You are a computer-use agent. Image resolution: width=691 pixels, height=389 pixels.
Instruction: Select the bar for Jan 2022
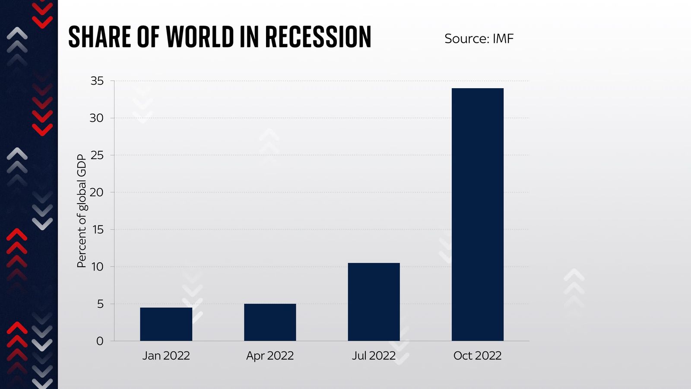[x=166, y=324]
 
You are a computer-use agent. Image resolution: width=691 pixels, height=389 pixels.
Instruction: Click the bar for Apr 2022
[x=270, y=322]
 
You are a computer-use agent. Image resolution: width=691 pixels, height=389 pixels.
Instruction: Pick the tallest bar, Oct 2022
[x=477, y=214]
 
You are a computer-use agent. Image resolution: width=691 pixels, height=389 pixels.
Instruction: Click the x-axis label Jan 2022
[x=166, y=356]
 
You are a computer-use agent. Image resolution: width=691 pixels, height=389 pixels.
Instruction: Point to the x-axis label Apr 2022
[x=270, y=356]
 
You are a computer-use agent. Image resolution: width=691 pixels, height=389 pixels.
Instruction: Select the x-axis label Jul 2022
[x=374, y=356]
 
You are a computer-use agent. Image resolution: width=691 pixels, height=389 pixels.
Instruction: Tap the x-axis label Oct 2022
[x=477, y=356]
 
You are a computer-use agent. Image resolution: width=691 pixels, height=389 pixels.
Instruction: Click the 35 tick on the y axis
[x=97, y=81]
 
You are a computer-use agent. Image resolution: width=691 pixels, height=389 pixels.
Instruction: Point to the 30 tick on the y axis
[x=97, y=118]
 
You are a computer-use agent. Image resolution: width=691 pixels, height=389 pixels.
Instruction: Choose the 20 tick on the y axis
[x=97, y=192]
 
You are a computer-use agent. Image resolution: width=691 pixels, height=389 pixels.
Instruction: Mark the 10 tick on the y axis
[x=97, y=267]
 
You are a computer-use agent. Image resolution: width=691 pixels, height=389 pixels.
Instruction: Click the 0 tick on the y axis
[x=100, y=341]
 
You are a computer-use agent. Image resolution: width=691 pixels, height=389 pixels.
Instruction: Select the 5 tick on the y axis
[x=100, y=304]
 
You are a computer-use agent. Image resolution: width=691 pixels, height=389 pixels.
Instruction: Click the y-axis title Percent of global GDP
[x=82, y=211]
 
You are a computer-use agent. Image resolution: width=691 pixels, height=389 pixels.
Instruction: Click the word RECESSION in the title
[x=318, y=37]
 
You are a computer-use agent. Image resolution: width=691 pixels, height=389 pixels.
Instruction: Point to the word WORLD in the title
[x=200, y=37]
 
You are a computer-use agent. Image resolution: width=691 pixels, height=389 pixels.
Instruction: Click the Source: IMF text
[x=479, y=39]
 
